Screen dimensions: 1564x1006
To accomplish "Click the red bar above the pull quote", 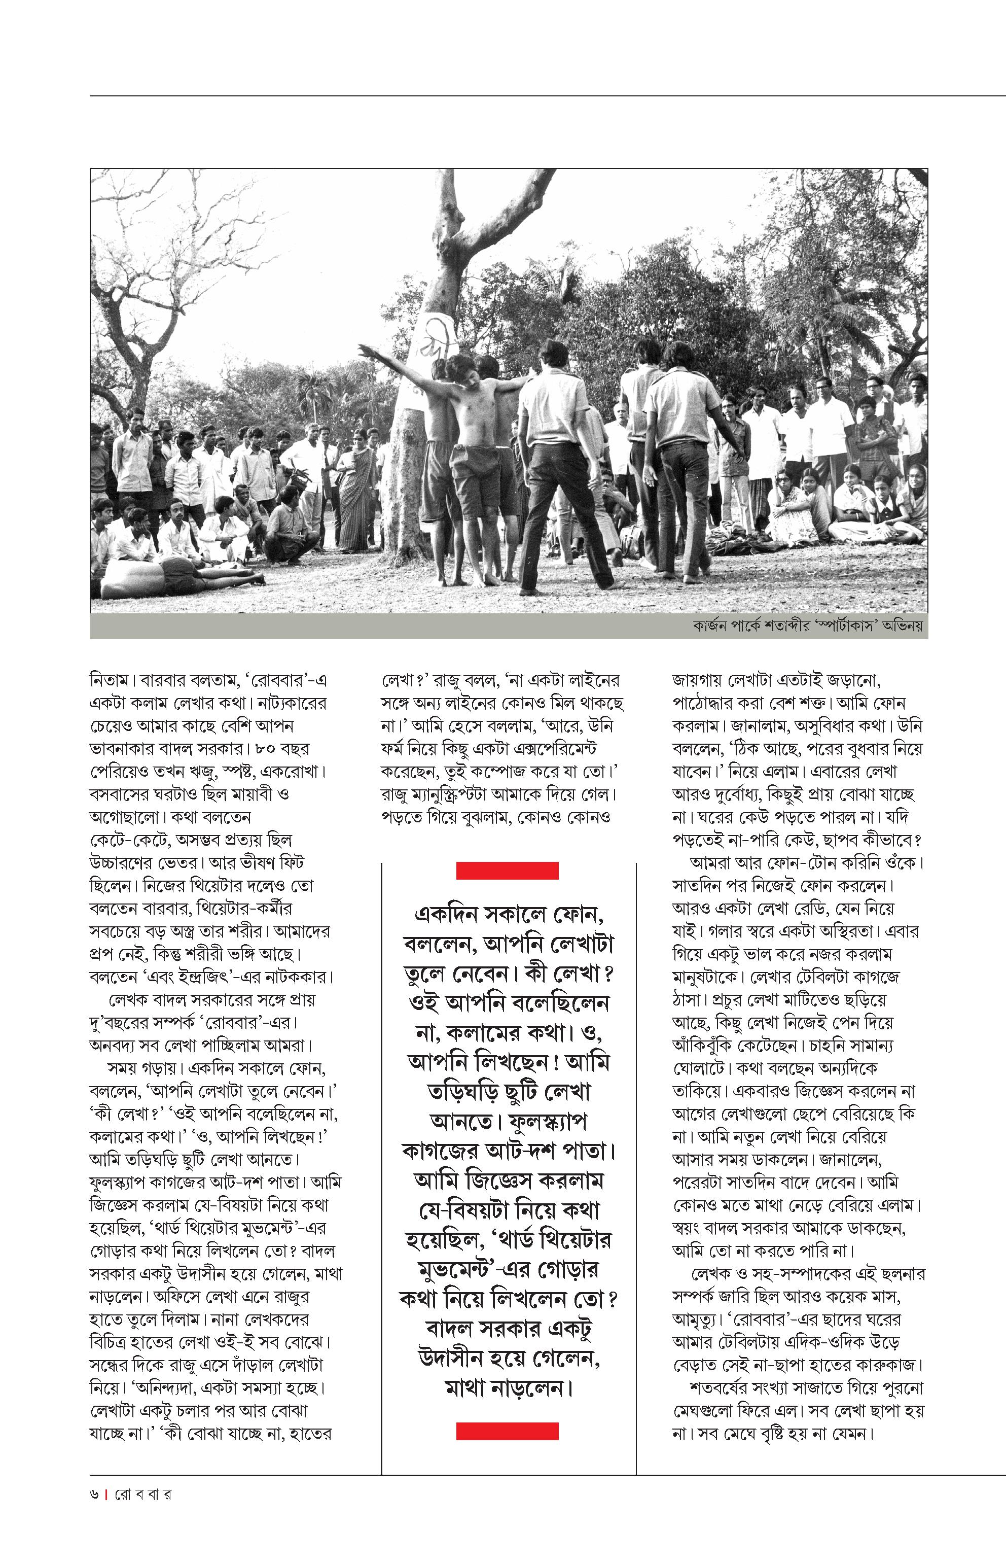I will pos(507,871).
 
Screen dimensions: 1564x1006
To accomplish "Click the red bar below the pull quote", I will pos(507,1431).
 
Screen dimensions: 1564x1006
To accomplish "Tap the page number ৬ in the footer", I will pos(95,1494).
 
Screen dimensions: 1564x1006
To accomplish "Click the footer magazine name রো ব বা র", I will pos(143,1494).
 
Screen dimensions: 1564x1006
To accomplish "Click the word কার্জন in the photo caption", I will pos(713,626).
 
